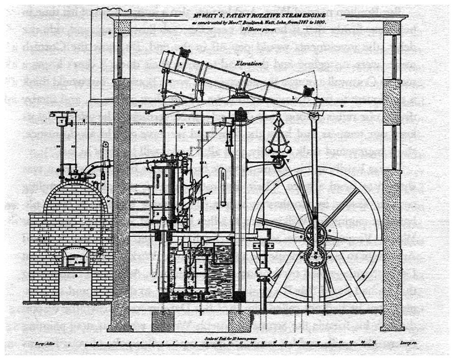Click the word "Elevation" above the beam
tap(249, 61)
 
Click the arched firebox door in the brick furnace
tap(76, 257)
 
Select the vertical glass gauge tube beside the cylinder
tap(223, 186)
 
